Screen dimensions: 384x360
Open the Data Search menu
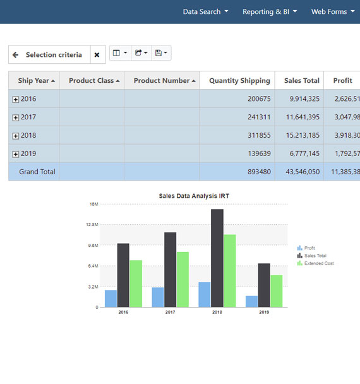point(205,11)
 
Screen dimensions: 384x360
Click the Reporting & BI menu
point(270,11)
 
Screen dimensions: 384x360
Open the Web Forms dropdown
point(333,11)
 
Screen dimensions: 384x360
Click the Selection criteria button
point(49,55)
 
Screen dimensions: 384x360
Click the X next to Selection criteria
point(97,55)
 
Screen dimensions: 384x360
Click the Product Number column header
point(162,81)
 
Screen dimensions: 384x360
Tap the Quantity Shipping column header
point(239,81)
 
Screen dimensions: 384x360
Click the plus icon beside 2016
point(16,100)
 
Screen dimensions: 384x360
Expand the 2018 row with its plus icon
point(16,136)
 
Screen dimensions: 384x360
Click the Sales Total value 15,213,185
point(301,135)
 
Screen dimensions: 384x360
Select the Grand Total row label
point(37,172)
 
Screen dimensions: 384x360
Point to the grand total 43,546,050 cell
point(301,172)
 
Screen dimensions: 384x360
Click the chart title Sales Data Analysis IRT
point(194,196)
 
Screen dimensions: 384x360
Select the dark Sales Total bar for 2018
point(217,259)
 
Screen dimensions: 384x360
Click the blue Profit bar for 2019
point(251,301)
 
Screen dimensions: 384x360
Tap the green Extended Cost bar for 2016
point(136,284)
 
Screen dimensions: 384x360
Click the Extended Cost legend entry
point(318,263)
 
